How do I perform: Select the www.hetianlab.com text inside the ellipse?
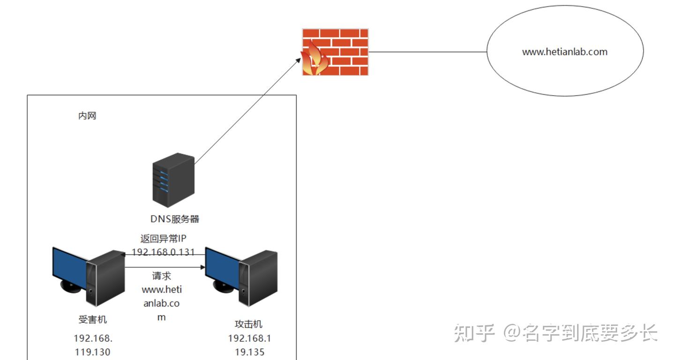point(565,52)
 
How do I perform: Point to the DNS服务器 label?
point(175,219)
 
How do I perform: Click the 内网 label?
point(87,116)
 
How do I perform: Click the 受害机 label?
point(92,320)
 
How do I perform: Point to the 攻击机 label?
point(248,324)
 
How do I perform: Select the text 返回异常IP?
point(163,238)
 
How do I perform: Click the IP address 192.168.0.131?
point(163,252)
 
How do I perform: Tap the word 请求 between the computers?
point(162,276)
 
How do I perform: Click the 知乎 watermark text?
point(474,333)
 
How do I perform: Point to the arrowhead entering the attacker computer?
point(203,267)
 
